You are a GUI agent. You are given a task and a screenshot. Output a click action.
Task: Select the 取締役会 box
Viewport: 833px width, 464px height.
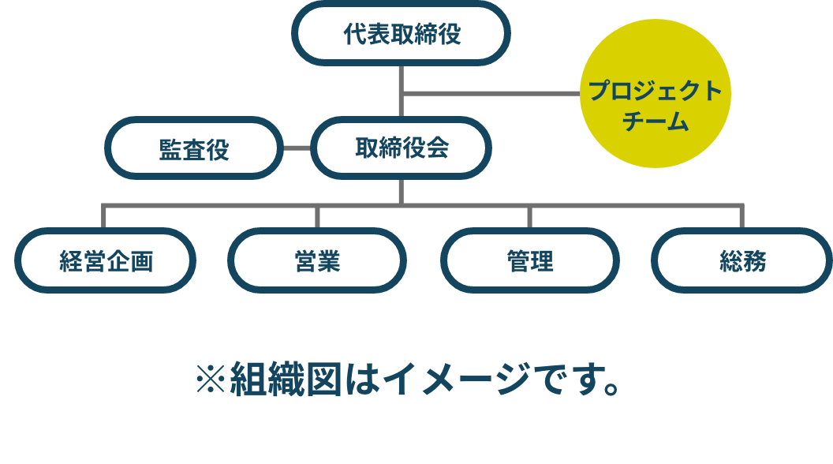click(x=402, y=148)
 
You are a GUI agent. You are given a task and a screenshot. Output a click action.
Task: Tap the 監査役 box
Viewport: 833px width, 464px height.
click(x=194, y=148)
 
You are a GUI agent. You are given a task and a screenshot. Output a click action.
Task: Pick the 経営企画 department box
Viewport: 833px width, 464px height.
click(x=106, y=260)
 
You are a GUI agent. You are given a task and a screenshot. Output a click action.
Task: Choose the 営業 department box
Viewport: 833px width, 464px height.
click(x=316, y=260)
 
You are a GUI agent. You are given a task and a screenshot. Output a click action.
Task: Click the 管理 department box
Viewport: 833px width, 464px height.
click(x=529, y=260)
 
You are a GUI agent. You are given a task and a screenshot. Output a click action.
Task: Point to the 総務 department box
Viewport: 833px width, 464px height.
click(x=741, y=260)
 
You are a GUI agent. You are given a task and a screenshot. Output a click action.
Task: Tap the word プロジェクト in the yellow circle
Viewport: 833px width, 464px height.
click(x=656, y=92)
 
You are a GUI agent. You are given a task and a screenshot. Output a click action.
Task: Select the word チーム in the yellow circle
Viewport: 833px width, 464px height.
click(x=656, y=123)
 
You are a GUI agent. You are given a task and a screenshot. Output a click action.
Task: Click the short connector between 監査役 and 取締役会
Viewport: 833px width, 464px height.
click(x=297, y=148)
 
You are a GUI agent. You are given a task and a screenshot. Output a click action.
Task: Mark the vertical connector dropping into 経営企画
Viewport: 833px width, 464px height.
click(x=103, y=217)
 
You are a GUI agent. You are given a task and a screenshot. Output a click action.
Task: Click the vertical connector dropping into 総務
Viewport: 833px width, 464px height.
click(x=741, y=217)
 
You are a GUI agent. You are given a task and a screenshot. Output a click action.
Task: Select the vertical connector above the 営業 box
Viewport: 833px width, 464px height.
click(x=316, y=217)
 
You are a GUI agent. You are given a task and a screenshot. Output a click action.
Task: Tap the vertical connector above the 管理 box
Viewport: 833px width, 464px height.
click(x=529, y=217)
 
